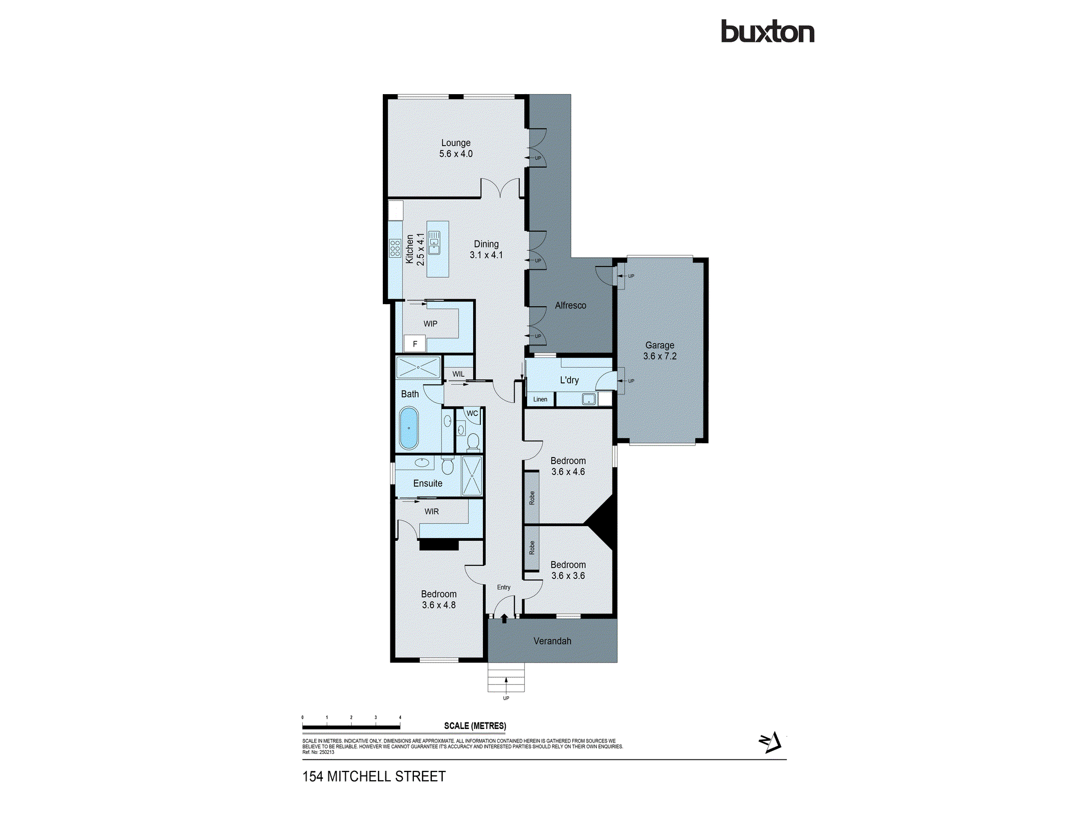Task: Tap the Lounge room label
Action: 456,148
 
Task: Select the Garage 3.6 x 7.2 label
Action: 659,351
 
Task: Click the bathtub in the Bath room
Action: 409,428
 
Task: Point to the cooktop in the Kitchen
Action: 395,248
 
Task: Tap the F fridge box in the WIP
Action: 414,344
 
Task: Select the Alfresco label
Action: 570,306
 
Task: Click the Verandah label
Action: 552,641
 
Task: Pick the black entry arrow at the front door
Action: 504,619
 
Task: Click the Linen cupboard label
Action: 540,399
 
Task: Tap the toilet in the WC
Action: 473,441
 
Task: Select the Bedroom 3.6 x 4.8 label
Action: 438,599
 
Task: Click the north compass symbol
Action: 770,742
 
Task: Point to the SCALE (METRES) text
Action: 475,726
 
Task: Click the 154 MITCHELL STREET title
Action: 374,776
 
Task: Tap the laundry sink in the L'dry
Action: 589,399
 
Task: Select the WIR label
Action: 431,511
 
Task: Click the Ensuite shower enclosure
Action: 472,476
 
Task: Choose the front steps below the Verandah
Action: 506,677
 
